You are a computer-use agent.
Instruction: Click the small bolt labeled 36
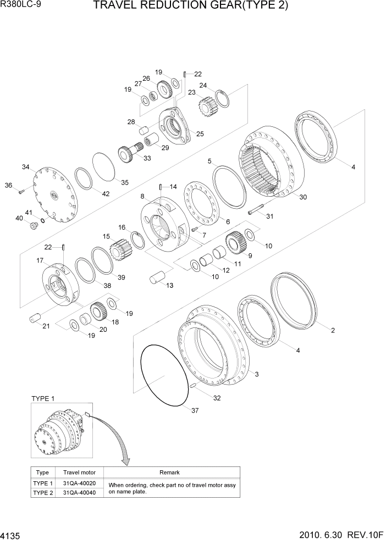(20, 192)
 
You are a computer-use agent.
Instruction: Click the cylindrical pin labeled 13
(158, 279)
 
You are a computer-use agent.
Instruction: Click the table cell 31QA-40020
(80, 483)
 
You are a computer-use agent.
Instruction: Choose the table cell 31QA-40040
(80, 493)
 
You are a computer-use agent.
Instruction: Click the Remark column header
(169, 472)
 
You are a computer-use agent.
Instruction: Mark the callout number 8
(142, 196)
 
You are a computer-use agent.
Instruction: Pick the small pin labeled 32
(194, 386)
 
